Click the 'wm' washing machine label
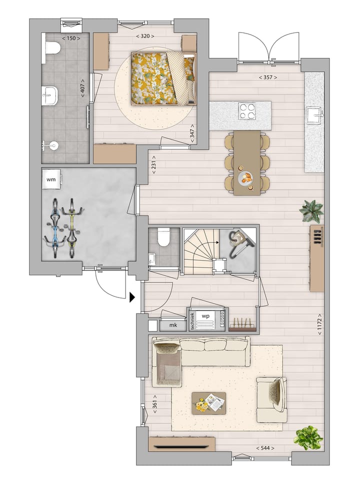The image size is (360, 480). pos(51,178)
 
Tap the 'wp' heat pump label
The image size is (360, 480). pos(205,316)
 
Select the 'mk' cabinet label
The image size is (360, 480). pos(173,325)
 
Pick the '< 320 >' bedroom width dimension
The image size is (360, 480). pos(145,36)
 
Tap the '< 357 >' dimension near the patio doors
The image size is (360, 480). pos(267,77)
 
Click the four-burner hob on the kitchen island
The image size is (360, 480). pos(247,111)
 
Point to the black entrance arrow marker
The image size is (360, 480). pos(132,298)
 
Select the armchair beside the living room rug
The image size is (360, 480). pos(271,399)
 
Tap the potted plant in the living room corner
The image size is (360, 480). pos(308,437)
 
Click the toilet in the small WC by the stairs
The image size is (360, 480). pos(163,237)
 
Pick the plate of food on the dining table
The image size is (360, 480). pos(247,178)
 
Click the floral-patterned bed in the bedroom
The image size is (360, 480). pos(162,78)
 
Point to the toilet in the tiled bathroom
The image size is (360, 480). pos(52,48)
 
